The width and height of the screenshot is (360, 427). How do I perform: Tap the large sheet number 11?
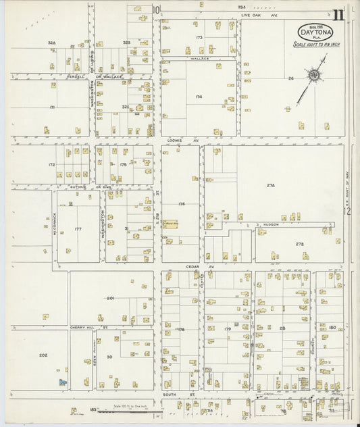pos(338,15)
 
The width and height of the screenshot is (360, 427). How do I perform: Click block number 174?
pos(199,97)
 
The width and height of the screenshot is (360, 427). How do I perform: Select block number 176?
pos(181,203)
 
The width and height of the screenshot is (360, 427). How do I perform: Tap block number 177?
pos(78,229)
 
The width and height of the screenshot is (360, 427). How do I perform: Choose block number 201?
pos(111,298)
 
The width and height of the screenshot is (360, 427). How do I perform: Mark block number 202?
pos(43,355)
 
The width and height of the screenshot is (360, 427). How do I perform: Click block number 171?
pos(52,107)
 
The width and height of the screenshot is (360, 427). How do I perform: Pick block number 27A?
pos(271,184)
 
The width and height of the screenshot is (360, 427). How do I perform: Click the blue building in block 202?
pos(63,382)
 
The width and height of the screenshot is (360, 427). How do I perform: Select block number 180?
pos(332,328)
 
